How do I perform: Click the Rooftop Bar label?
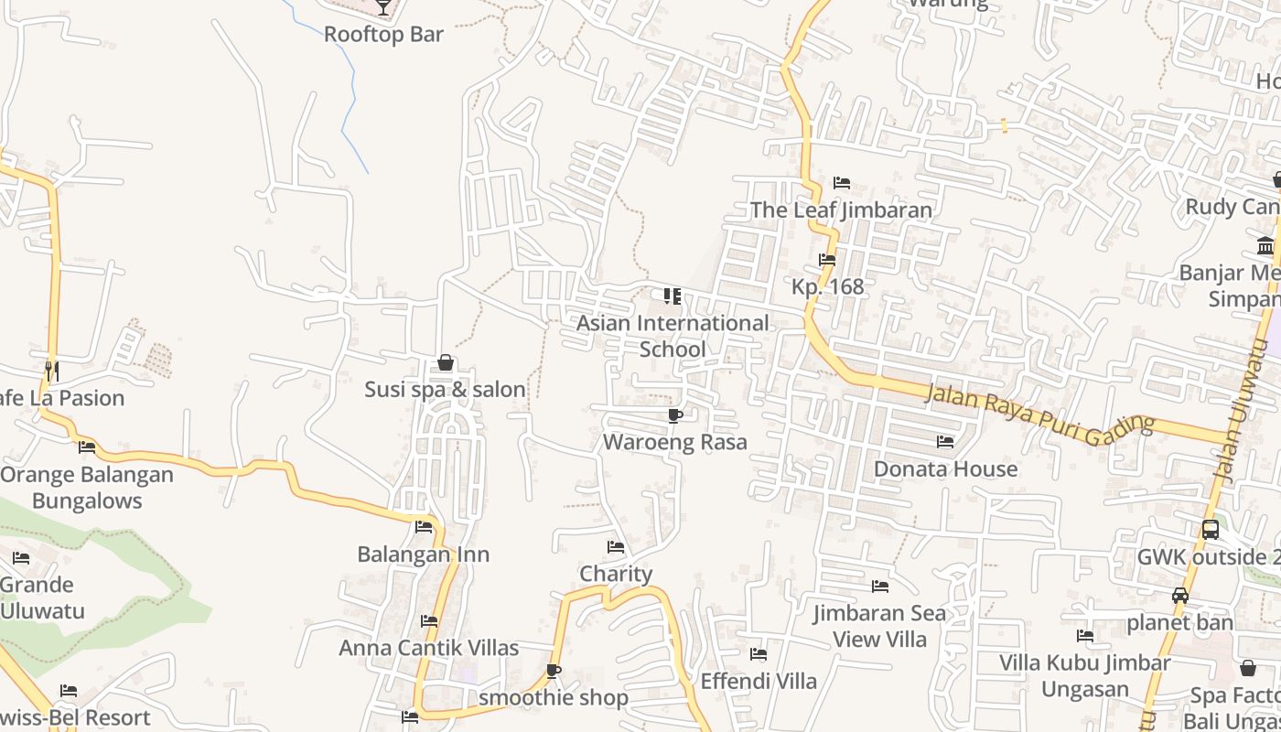(383, 35)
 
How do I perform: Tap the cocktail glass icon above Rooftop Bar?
(383, 7)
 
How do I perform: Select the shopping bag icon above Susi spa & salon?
(446, 363)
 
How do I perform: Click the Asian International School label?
(673, 336)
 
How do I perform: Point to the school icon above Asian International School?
(673, 296)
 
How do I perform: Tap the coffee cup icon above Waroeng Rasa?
(675, 416)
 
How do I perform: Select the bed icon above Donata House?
(945, 442)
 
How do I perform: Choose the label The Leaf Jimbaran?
(841, 210)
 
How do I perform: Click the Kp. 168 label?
(827, 286)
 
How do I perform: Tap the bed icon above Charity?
(616, 547)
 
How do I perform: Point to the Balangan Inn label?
(423, 554)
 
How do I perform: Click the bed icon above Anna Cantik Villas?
(429, 621)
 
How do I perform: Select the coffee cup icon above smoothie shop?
(554, 672)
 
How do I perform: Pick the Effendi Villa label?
(759, 681)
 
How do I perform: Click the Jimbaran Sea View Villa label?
(880, 626)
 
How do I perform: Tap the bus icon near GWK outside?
(1210, 530)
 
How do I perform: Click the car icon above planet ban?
(1180, 596)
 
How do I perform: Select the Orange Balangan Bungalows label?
(87, 488)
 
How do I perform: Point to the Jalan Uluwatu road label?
(1242, 412)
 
